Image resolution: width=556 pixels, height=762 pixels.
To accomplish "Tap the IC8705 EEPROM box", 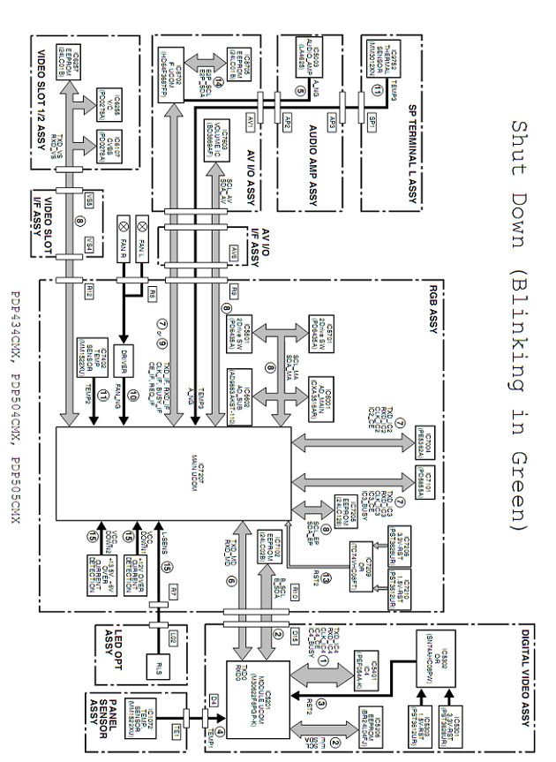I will tap(235, 61).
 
